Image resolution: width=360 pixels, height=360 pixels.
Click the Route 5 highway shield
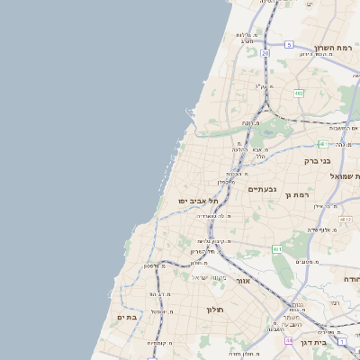point(289,43)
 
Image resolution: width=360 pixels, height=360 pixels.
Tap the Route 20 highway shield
point(265,54)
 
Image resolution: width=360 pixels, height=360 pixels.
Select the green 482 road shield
point(298,92)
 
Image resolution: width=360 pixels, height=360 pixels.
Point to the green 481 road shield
point(321,144)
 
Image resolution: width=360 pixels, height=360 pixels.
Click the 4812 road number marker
point(346,219)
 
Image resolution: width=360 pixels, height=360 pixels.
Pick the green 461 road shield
point(277,248)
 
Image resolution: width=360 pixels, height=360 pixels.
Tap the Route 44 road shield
point(289,341)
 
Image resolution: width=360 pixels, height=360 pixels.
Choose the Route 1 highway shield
point(343,342)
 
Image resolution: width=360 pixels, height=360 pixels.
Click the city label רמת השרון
point(337,48)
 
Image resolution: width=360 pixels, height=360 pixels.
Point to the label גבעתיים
point(262,190)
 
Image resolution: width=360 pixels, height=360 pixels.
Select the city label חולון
point(214,310)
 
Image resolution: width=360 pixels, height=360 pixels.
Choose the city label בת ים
point(125,317)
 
